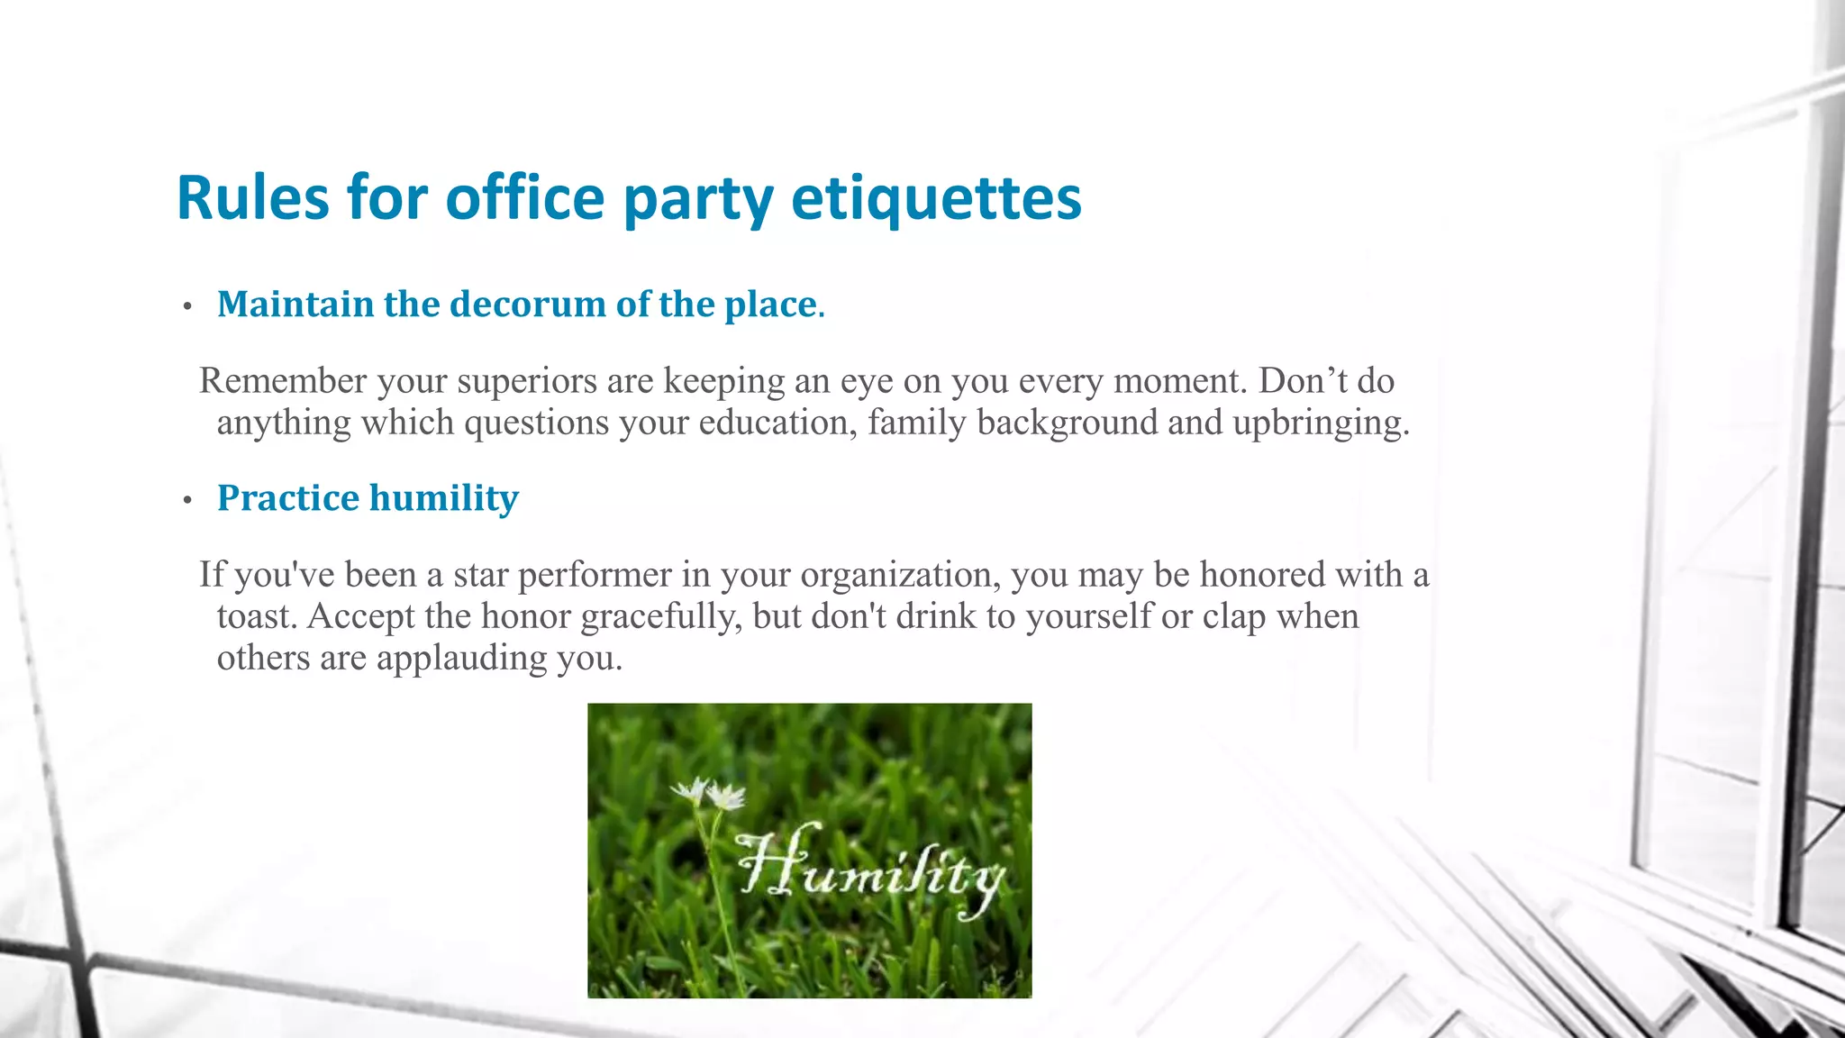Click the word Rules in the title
(253, 198)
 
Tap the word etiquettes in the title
(936, 198)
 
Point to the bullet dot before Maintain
(187, 307)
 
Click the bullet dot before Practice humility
(187, 501)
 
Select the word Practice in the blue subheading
(288, 498)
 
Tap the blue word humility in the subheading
(444, 498)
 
